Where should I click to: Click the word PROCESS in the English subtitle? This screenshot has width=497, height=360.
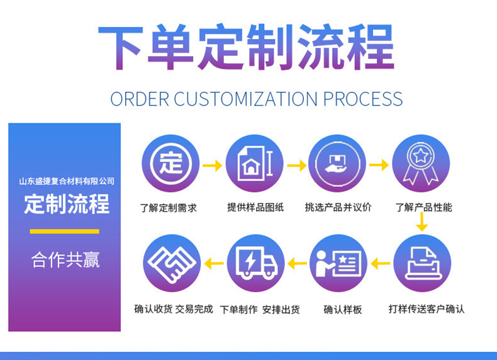pyautogui.click(x=363, y=99)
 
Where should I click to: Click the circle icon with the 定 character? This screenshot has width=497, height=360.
pyautogui.click(x=170, y=164)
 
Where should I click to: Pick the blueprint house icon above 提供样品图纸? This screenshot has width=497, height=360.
pyautogui.click(x=254, y=164)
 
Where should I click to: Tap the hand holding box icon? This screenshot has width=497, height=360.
pyautogui.click(x=338, y=164)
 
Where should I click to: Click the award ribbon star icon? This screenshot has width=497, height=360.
pyautogui.click(x=421, y=164)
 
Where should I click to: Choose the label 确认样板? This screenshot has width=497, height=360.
pyautogui.click(x=343, y=310)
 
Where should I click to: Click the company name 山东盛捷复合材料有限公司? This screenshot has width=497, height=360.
pyautogui.click(x=66, y=181)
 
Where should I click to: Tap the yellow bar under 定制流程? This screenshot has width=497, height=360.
pyautogui.click(x=64, y=231)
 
